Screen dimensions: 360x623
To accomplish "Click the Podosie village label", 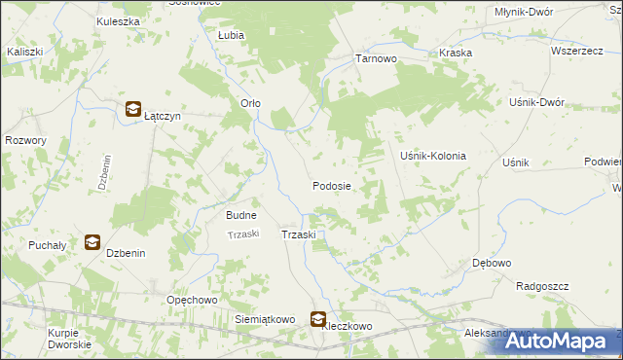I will click(331, 185).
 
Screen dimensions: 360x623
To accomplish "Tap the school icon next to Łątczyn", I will click(131, 110).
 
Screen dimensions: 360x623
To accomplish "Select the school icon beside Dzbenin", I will click(92, 242).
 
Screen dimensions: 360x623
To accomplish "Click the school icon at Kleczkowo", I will click(318, 317).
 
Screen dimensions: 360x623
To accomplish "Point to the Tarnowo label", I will click(376, 58).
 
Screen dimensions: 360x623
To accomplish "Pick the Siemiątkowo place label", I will click(265, 318).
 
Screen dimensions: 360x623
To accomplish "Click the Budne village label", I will click(241, 215).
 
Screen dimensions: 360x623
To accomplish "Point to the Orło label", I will click(250, 103).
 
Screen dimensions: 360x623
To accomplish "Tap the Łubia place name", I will click(231, 34).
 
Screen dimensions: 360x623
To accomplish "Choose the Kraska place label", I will click(456, 53).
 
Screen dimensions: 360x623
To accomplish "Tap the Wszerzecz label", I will click(577, 51).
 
